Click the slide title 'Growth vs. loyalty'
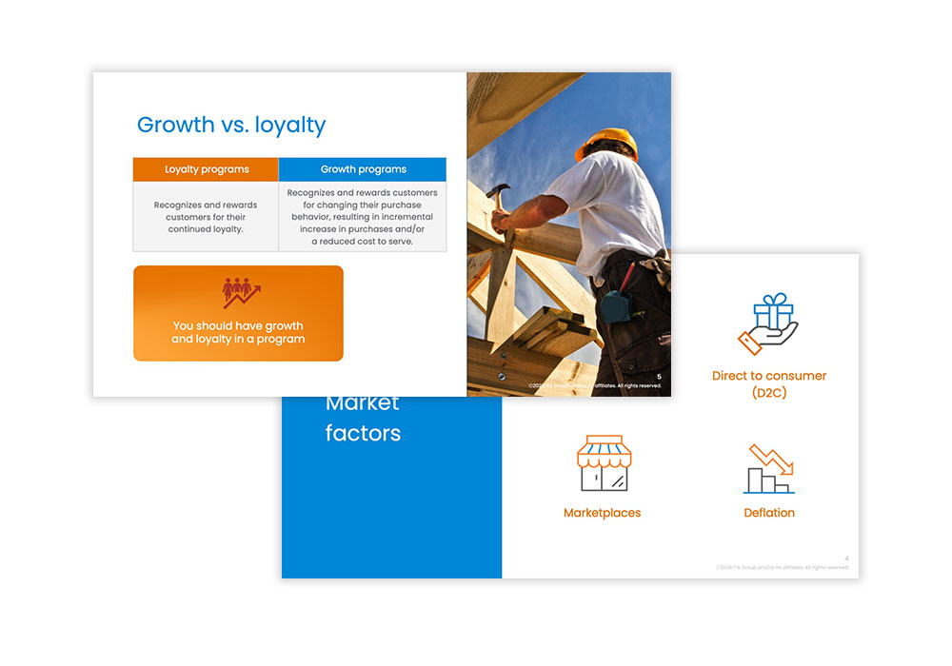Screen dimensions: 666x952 tap(231, 125)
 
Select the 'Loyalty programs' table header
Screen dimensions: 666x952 tap(207, 169)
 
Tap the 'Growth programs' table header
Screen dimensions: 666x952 tap(363, 169)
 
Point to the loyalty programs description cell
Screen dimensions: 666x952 tap(206, 217)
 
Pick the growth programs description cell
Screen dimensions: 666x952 tap(363, 217)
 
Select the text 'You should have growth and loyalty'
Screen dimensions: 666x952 tap(238, 332)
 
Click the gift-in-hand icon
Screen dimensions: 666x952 tap(768, 324)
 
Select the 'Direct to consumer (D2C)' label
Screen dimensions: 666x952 tap(769, 383)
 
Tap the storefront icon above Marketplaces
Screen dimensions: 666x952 tap(603, 464)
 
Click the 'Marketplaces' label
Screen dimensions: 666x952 tap(603, 513)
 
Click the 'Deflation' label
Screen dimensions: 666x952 tap(769, 513)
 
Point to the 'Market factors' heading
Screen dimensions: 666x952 tap(363, 418)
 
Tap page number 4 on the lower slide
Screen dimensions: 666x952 tap(846, 558)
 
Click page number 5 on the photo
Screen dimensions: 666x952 tap(659, 377)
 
